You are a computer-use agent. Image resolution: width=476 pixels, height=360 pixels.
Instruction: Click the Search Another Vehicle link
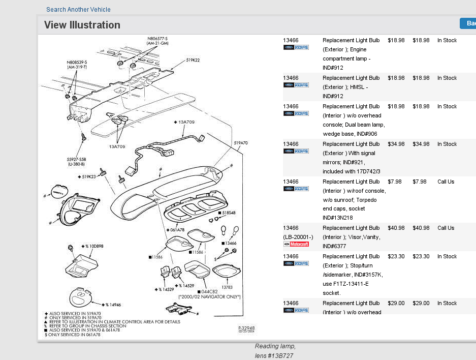pos(78,10)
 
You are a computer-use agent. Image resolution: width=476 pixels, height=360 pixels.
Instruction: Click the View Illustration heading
pos(82,25)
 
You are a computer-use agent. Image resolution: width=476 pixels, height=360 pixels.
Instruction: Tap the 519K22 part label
pos(193,60)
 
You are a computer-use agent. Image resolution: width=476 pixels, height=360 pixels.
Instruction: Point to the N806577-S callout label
pos(157,38)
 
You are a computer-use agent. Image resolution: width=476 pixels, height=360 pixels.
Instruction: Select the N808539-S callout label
pos(77,63)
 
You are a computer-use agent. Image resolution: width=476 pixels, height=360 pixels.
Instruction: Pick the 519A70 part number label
pos(241,143)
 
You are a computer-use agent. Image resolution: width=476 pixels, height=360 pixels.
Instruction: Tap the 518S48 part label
pos(228,212)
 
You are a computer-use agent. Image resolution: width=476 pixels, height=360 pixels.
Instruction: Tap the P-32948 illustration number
pos(246,328)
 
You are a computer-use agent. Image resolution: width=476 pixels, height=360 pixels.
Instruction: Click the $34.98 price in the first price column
pos(396,144)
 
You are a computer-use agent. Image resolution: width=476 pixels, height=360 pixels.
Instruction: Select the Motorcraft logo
pos(296,244)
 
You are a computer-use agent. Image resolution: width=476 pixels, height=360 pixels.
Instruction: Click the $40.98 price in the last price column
pos(421,228)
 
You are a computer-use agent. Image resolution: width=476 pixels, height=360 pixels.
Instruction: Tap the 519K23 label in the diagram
pos(88,176)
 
